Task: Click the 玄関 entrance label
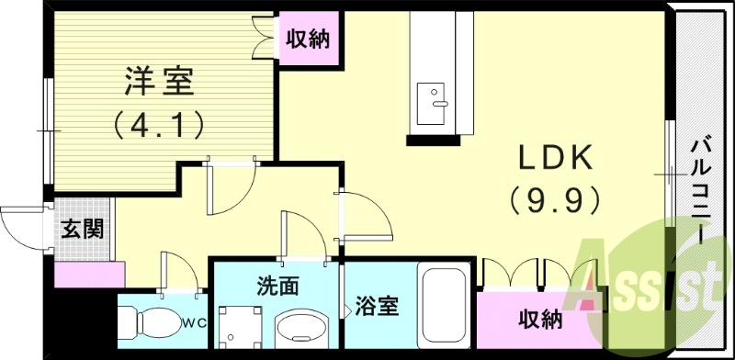coord(82,229)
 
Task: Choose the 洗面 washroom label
coord(277,286)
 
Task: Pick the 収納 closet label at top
coord(308,39)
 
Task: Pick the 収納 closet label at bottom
coord(539,319)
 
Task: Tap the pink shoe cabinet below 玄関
coord(89,273)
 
